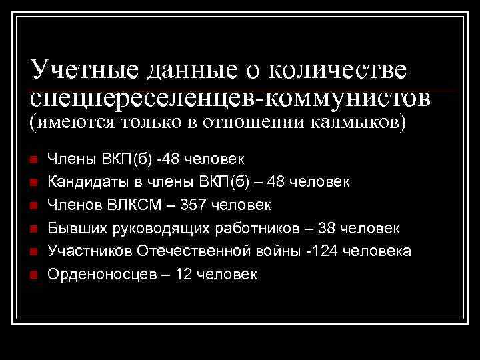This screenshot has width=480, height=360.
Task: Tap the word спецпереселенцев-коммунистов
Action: pyautogui.click(x=230, y=98)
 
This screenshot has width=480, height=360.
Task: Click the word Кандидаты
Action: pyautogui.click(x=85, y=182)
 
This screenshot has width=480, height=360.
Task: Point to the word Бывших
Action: pyautogui.click(x=73, y=228)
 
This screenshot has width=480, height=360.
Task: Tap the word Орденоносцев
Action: pyautogui.click(x=93, y=274)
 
